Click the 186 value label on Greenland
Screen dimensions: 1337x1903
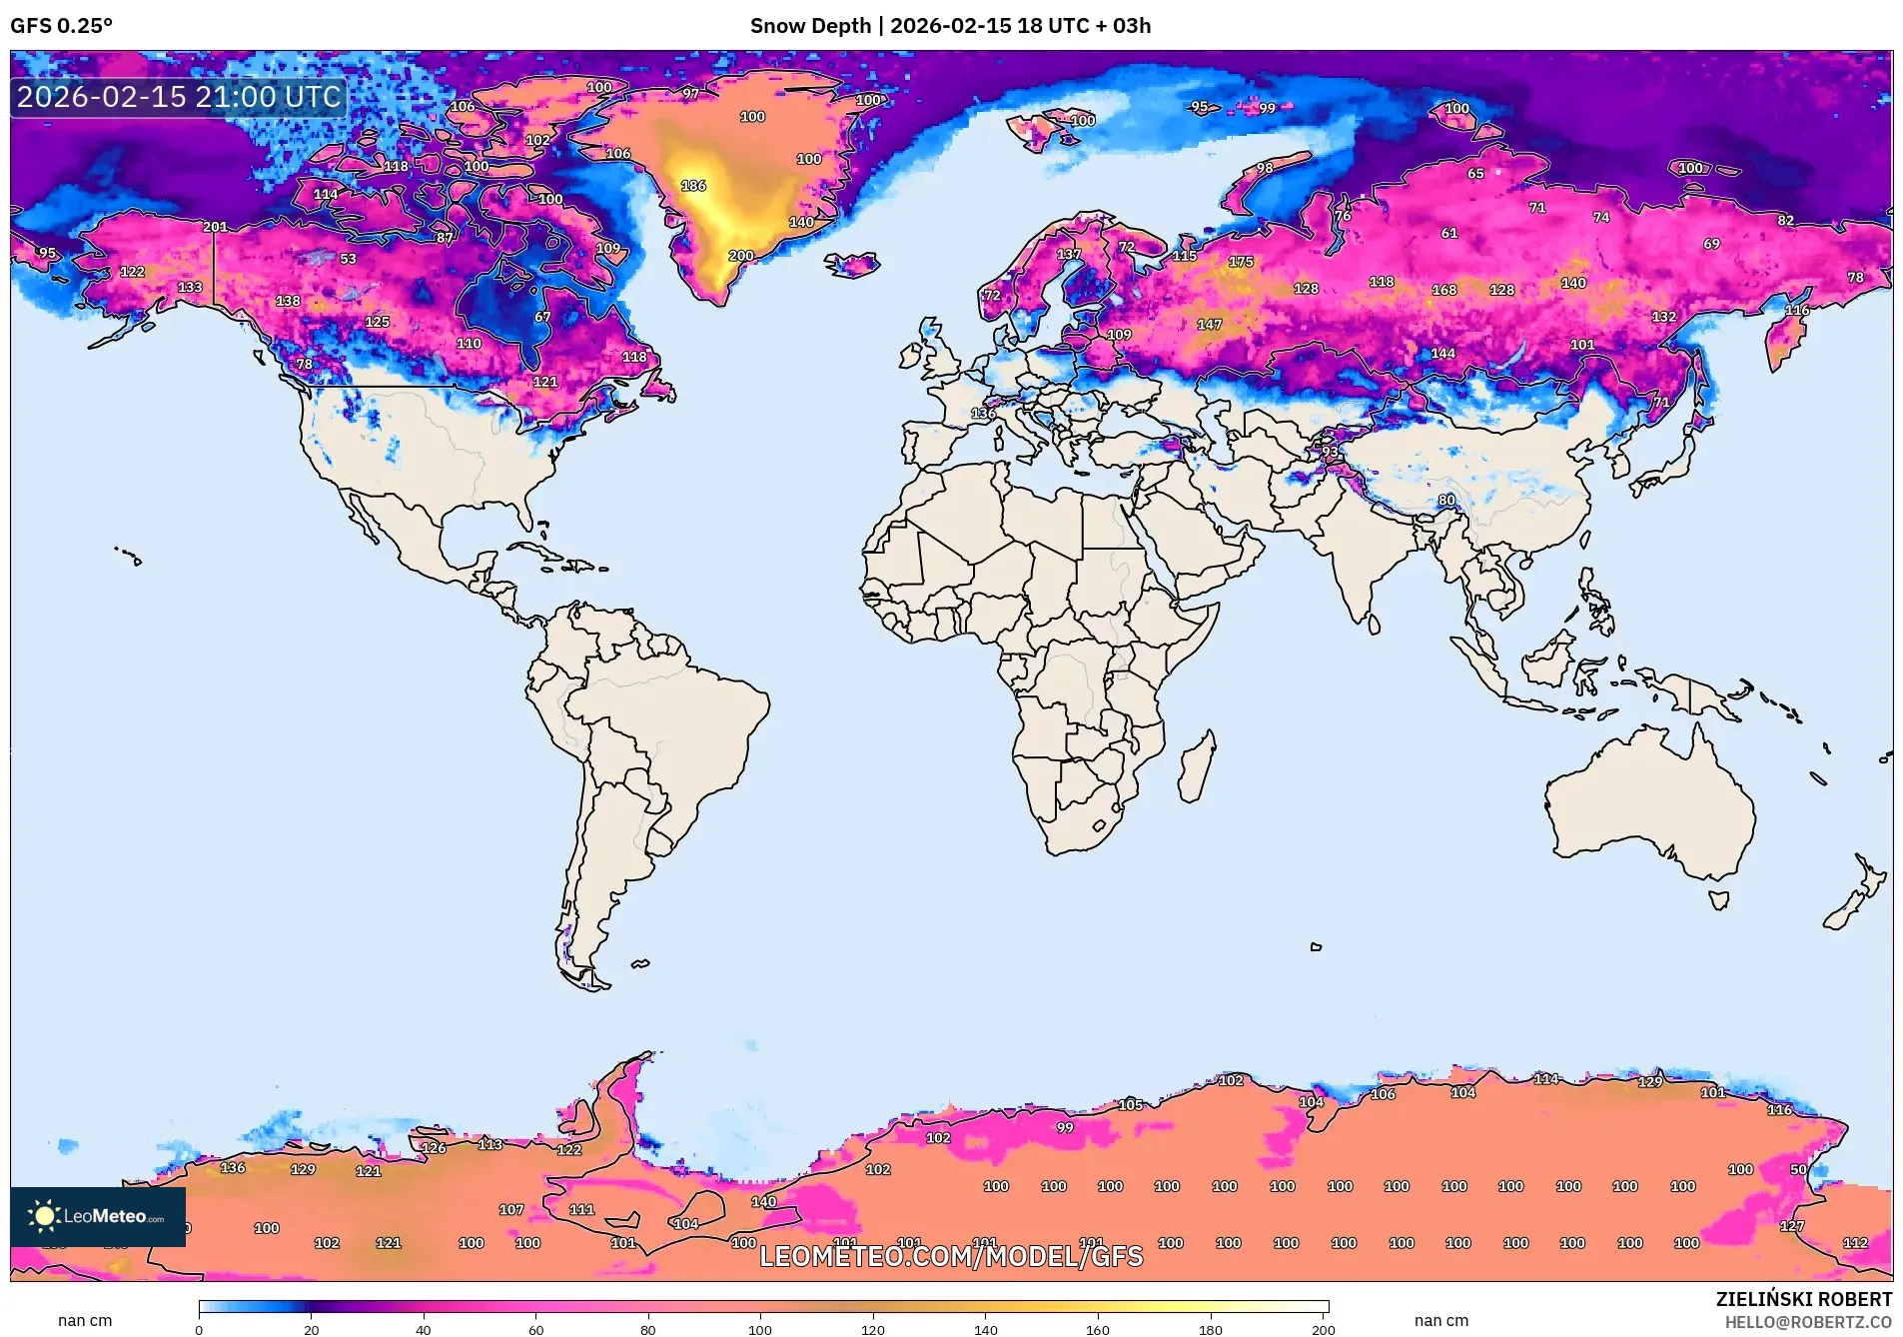pos(693,186)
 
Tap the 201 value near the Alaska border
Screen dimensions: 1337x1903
pos(215,227)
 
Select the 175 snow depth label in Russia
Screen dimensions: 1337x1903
pos(1241,262)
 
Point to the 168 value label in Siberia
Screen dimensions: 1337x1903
pos(1444,290)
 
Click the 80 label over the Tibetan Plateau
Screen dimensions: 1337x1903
pos(1446,500)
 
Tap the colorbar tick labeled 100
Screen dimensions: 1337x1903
pos(760,1329)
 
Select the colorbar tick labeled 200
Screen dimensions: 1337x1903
pos(1323,1329)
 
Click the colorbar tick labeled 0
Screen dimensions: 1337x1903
pos(199,1329)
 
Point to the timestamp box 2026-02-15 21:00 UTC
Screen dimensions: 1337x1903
pos(179,97)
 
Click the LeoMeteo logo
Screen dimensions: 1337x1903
pos(98,1216)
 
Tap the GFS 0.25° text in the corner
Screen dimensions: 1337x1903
pos(62,26)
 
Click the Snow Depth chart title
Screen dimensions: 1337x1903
pos(950,26)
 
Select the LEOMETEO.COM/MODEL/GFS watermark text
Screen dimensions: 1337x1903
pos(950,1256)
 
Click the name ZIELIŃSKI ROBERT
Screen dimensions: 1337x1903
pos(1803,1299)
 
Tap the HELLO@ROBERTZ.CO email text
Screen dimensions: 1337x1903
pos(1808,1322)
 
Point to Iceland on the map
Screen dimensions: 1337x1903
pos(852,265)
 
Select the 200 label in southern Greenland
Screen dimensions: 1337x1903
pos(741,256)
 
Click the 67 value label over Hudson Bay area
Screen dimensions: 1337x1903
pos(542,317)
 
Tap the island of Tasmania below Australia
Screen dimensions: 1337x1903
pos(1718,900)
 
